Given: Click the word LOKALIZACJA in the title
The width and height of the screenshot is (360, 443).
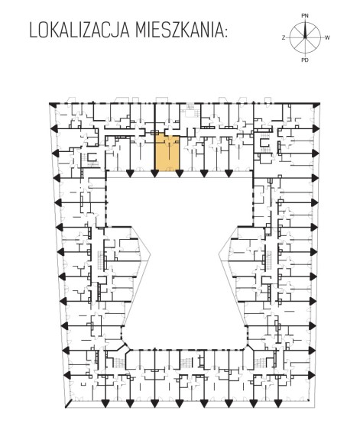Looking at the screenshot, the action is (x=79, y=30).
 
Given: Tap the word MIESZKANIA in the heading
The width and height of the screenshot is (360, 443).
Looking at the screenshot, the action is (x=178, y=30).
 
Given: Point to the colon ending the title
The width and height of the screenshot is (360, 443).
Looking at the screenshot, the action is (x=225, y=32).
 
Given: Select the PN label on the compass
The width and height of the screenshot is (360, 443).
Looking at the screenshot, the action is (x=304, y=16).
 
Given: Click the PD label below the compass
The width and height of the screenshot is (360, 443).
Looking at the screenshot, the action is (x=305, y=60).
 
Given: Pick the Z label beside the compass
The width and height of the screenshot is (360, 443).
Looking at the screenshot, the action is (x=284, y=37).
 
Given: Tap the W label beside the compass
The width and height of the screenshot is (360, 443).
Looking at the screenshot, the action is (x=327, y=37).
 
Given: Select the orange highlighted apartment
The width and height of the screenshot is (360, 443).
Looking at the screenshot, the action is (x=167, y=153).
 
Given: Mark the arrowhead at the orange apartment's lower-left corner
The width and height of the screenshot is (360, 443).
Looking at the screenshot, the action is (x=154, y=173).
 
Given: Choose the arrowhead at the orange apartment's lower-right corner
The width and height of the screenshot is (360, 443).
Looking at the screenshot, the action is (x=179, y=173).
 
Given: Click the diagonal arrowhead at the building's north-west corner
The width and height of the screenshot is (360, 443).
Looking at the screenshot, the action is (x=52, y=105).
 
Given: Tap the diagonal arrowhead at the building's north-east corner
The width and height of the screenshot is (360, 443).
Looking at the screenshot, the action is (x=316, y=105).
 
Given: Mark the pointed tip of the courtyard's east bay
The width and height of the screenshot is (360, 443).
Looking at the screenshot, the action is (x=219, y=254).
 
